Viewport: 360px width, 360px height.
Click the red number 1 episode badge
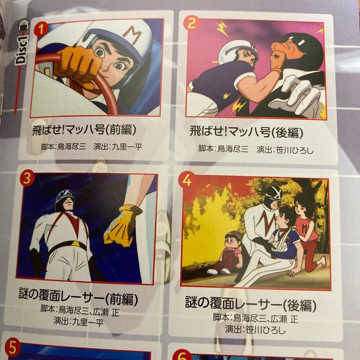point(41,29)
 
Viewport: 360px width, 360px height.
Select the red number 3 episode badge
point(27,178)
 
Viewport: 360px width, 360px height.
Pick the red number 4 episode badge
point(187,180)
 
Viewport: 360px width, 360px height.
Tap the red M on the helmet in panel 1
point(132,34)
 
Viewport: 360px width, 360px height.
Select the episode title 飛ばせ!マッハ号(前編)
point(84,130)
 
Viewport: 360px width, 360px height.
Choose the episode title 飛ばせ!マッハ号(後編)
point(246,132)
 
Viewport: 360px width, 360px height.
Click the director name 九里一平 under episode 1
point(127,146)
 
